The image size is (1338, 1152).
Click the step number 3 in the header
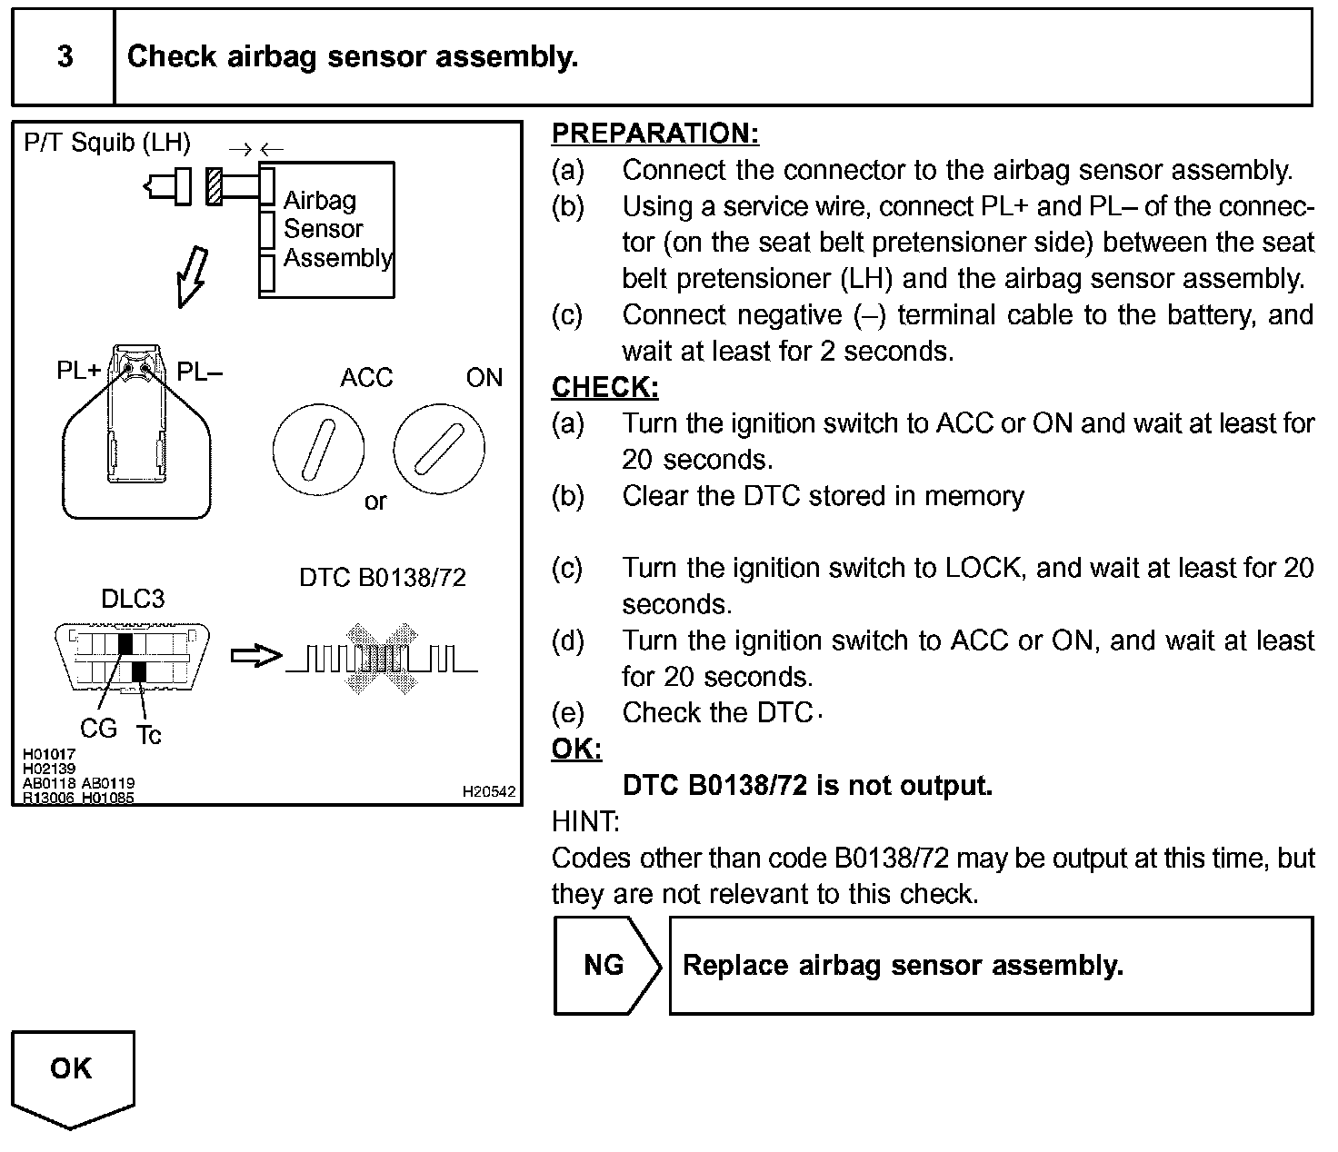(x=65, y=56)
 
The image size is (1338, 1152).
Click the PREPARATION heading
(x=654, y=134)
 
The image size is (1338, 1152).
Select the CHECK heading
(x=604, y=388)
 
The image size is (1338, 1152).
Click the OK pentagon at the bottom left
(x=72, y=1077)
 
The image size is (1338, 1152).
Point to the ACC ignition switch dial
(x=318, y=450)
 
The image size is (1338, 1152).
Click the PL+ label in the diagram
(x=78, y=372)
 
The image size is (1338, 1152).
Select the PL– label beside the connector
(x=199, y=372)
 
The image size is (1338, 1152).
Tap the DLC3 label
(x=133, y=598)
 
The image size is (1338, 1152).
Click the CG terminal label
(x=98, y=729)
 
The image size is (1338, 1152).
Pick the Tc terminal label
(x=148, y=734)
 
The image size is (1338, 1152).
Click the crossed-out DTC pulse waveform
(x=381, y=659)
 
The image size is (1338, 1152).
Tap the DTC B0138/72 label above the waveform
(x=382, y=578)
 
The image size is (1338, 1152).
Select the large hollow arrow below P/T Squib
(x=193, y=277)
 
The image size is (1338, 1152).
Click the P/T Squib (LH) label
(x=107, y=143)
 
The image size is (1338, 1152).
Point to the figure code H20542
(x=488, y=792)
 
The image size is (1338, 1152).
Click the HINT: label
(x=585, y=822)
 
